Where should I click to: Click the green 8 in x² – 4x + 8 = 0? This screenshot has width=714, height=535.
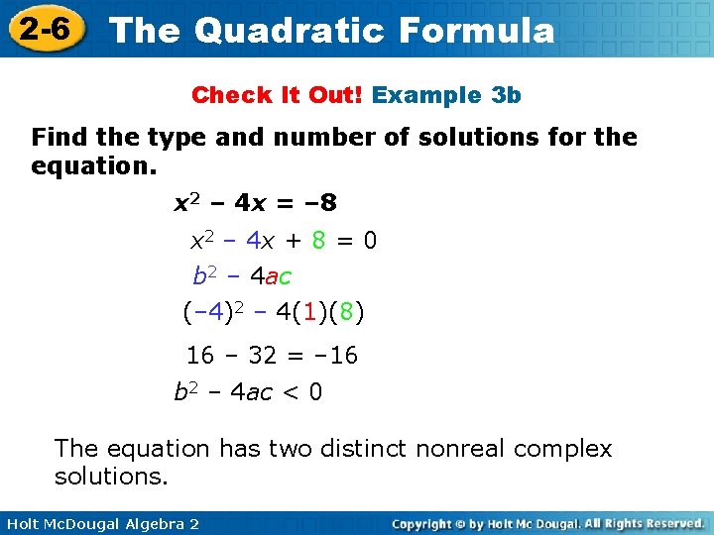coord(318,241)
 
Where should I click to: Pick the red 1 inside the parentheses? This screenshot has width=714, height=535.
coord(309,314)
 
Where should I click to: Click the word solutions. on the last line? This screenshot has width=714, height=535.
coord(111,477)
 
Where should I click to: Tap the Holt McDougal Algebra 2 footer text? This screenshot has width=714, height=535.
coord(100,523)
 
